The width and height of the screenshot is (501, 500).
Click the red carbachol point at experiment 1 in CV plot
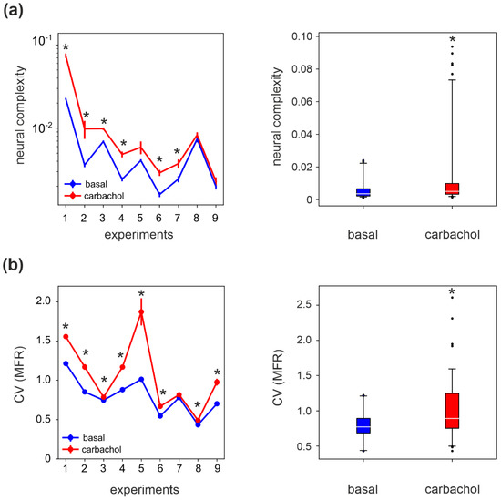pos(66,336)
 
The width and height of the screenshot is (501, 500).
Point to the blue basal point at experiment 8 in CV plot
pos(198,423)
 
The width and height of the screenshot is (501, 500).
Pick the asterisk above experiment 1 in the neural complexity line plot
pos(66,46)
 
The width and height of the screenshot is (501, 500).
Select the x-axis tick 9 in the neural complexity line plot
pos(216,219)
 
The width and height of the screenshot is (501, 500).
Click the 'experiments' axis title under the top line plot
pos(140,235)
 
